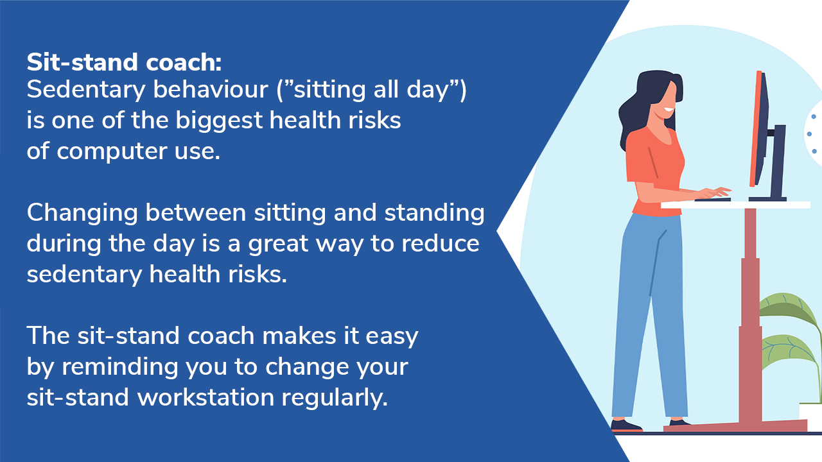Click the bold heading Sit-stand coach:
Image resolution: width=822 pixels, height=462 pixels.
[124, 62]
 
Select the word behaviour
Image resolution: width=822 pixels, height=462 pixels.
[210, 89]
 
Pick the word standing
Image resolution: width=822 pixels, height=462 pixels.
[434, 214]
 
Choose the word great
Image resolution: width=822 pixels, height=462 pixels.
[278, 244]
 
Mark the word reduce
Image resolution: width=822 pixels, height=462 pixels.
[440, 243]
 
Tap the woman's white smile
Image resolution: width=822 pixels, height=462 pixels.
[669, 110]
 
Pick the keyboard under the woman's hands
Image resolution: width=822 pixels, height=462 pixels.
[712, 200]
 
